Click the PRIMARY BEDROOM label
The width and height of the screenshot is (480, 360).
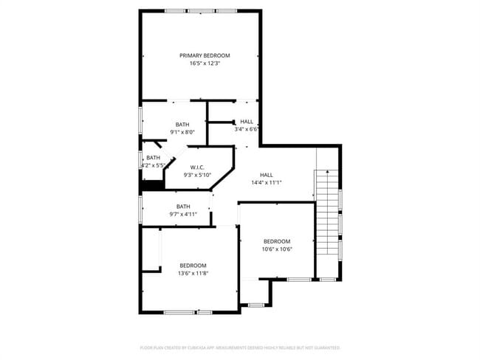point(205,55)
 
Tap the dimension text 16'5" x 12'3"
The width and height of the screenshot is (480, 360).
point(205,63)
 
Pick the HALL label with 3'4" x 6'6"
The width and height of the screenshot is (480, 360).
point(247,122)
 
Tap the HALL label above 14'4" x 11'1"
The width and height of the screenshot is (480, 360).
point(266,175)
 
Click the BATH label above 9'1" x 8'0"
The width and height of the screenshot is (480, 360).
point(182,124)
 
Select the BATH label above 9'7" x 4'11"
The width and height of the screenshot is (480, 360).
point(183,207)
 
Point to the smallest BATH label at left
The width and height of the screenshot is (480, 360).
point(153,158)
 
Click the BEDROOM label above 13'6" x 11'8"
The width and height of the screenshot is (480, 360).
point(193,266)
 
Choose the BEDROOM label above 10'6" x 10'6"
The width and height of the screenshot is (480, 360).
point(277,241)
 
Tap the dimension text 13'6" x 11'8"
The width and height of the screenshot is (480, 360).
point(193,274)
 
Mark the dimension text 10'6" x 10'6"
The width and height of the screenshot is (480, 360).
point(278,249)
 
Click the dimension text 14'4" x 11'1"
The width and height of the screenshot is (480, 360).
point(266,183)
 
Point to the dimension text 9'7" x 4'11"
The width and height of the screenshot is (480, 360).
point(183,215)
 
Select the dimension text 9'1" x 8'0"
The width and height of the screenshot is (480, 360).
point(182,132)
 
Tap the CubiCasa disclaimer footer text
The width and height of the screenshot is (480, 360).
point(239,347)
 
